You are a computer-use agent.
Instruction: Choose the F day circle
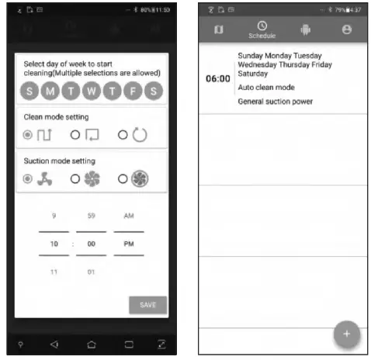pos(133,91)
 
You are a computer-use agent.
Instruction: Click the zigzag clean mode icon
pos(44,135)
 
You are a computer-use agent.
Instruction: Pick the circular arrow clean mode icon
pos(139,135)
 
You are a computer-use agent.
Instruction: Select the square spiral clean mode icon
pos(92,135)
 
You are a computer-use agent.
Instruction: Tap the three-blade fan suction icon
pos(44,178)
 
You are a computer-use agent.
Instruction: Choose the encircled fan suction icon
pos(139,178)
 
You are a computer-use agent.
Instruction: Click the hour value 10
pos(54,243)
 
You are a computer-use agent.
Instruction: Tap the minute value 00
pos(91,243)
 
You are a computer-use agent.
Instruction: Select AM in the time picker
pos(128,216)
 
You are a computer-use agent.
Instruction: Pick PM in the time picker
pos(128,243)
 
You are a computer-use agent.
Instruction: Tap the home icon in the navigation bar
pos(91,344)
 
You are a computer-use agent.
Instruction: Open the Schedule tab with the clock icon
pos(262,29)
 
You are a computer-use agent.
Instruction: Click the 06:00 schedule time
pos(217,79)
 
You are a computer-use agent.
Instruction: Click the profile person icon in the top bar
pos(346,29)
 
